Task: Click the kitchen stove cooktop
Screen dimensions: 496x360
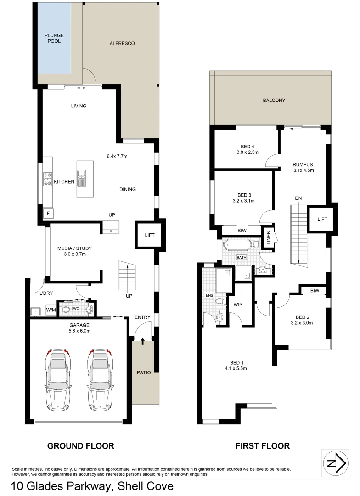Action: tap(47, 179)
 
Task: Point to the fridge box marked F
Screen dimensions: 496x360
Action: tap(47, 214)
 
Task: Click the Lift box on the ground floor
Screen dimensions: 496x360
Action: tap(149, 235)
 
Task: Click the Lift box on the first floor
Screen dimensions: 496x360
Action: tap(322, 219)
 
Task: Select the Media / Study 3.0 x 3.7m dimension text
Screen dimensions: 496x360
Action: tap(72, 254)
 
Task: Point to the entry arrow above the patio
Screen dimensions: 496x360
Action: tap(143, 341)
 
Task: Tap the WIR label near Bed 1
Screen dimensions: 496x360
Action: tap(238, 304)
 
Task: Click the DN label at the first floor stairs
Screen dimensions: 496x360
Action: tap(298, 198)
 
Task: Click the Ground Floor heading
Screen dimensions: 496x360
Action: tap(81, 445)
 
